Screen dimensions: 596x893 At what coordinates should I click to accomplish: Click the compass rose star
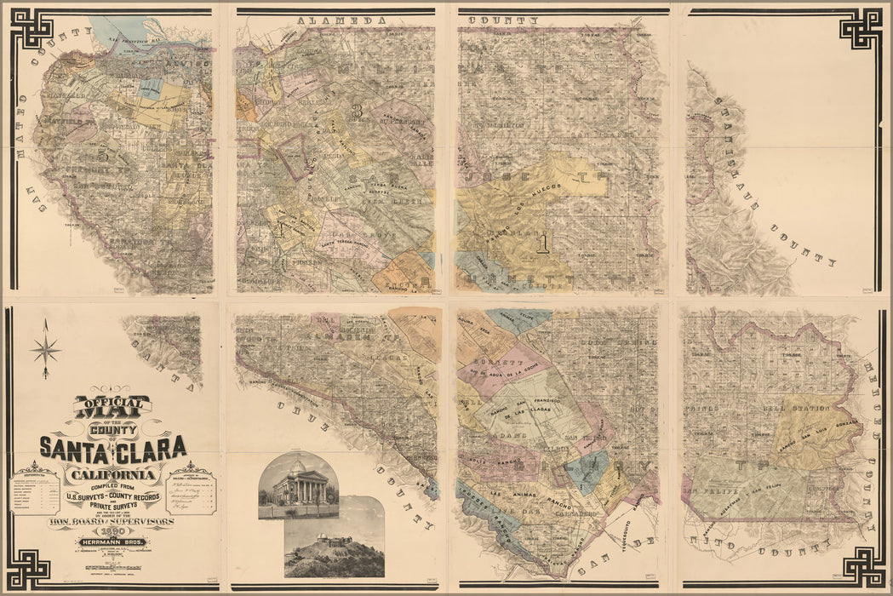[45, 348]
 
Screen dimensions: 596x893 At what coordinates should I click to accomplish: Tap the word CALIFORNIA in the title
[113, 473]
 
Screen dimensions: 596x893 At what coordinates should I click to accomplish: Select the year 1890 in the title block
[112, 529]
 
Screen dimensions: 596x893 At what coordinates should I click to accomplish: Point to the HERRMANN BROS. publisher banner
[112, 542]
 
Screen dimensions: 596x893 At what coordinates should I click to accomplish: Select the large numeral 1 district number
[542, 244]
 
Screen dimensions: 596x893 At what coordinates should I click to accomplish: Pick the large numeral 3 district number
[358, 110]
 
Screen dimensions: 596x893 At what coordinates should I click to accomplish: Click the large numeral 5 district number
[103, 155]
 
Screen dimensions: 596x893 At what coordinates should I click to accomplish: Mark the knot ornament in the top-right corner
[861, 29]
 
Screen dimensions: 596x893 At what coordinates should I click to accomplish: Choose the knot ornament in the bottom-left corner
[31, 566]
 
